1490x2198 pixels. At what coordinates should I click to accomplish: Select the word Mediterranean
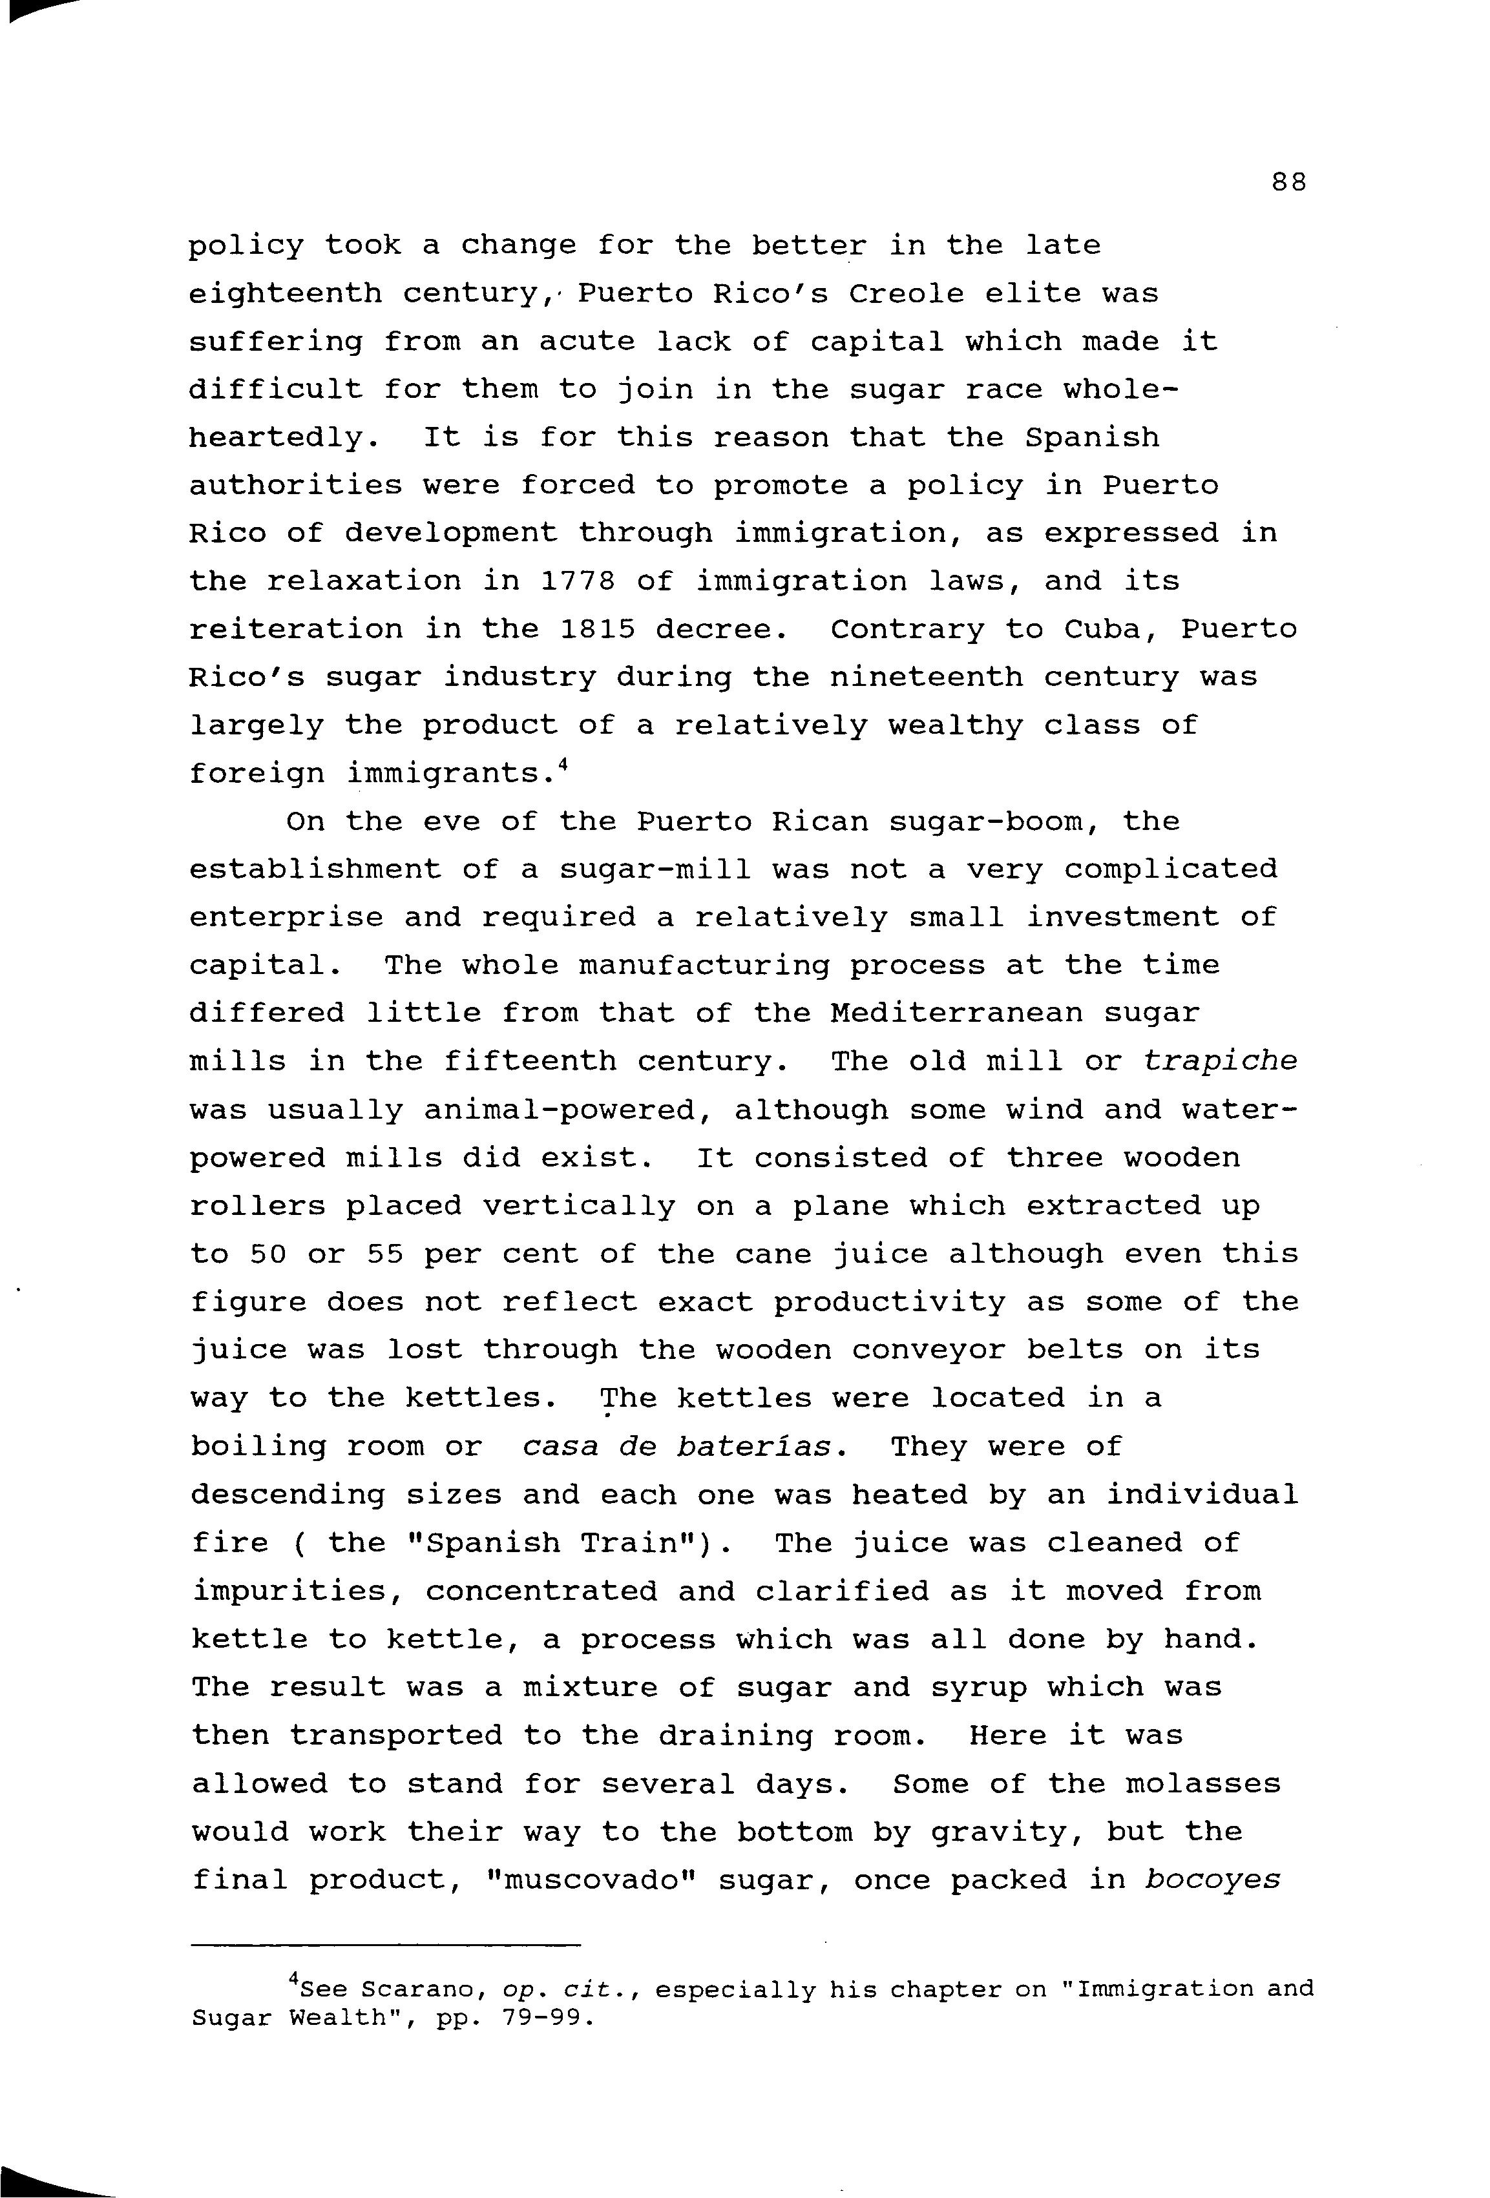click(956, 1014)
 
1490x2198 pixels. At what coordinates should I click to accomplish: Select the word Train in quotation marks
click(649, 1544)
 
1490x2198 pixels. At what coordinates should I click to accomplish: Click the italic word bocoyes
click(1212, 1880)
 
